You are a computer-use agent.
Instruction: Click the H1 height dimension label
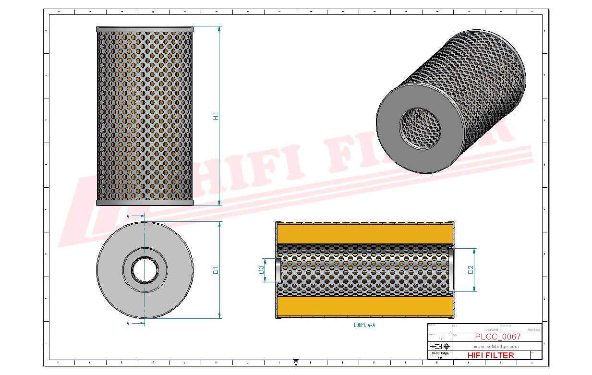tap(216, 116)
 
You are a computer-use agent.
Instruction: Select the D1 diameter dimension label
tap(216, 270)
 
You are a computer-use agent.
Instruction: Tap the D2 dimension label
tap(471, 270)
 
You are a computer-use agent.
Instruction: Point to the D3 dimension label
tap(262, 270)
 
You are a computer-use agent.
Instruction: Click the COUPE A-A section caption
tap(364, 325)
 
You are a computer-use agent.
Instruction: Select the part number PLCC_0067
tap(497, 337)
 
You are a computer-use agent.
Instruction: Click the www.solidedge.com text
tap(496, 346)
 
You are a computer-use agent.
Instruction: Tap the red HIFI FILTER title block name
tap(490, 355)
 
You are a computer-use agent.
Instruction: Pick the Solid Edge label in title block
tap(439, 353)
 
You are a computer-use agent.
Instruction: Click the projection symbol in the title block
tap(439, 346)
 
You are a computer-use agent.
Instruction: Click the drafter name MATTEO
tap(533, 330)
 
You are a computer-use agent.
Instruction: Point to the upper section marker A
tap(128, 217)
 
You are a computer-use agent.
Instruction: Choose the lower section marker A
tap(128, 324)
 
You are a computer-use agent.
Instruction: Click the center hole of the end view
tap(145, 270)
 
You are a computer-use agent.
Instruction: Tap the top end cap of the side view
tap(145, 29)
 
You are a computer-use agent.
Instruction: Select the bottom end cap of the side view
tap(145, 203)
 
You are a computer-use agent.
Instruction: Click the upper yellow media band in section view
tap(365, 234)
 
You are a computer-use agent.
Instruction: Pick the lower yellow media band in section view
tap(365, 305)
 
